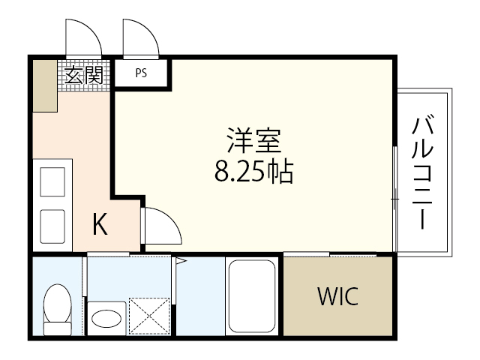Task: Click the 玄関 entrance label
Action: pyautogui.click(x=83, y=75)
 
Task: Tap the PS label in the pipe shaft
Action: pyautogui.click(x=141, y=74)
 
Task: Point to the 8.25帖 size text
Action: pyautogui.click(x=253, y=174)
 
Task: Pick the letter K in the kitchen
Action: pyautogui.click(x=100, y=224)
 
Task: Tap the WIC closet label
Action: pyautogui.click(x=337, y=295)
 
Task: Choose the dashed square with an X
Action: pyautogui.click(x=150, y=314)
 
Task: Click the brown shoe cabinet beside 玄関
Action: pyautogui.click(x=44, y=85)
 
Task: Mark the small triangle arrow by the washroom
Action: pyautogui.click(x=180, y=261)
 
